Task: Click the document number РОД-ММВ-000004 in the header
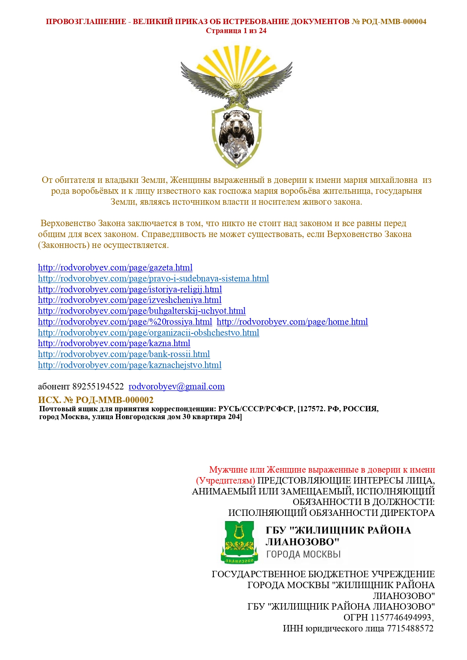394,22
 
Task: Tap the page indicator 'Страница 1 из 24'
236,31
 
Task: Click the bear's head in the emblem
236,122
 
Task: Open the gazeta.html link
115,268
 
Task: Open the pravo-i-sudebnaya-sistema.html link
153,278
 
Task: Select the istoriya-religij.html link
130,289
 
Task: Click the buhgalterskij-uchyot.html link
141,311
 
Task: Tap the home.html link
292,322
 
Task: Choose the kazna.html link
114,343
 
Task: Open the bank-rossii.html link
124,354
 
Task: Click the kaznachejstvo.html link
129,365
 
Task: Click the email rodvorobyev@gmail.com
176,386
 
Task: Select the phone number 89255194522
98,386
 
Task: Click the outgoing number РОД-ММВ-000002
114,400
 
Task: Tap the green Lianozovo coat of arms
239,542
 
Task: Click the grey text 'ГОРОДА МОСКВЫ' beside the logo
303,554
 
